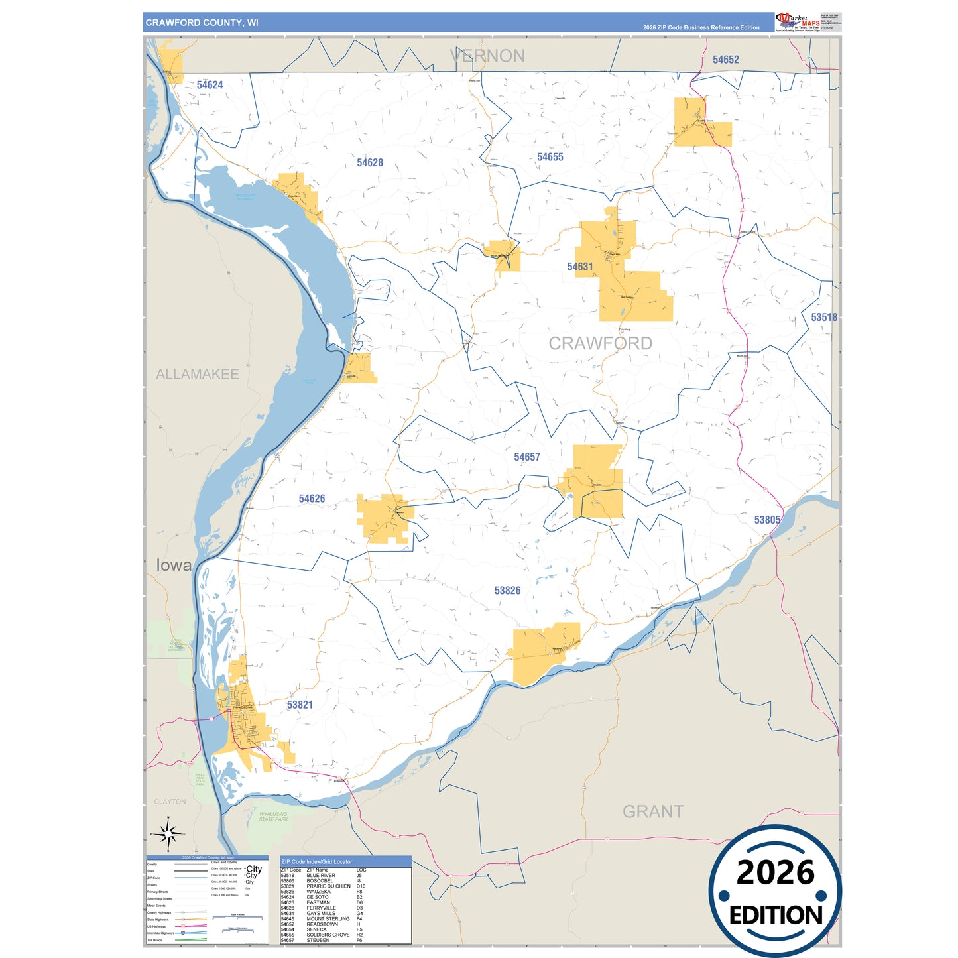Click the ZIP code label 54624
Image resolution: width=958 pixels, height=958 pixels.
pos(210,85)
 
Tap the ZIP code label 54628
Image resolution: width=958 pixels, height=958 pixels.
pos(369,163)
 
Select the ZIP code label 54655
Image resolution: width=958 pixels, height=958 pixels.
pos(550,157)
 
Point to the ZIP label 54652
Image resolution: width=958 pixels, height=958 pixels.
pos(725,60)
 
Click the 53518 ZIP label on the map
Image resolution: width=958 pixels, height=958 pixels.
pos(823,318)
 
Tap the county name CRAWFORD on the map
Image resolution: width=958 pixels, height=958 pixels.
pos(600,343)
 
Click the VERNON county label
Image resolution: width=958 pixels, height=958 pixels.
pos(487,56)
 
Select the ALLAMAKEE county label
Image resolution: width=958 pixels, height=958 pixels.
pos(197,375)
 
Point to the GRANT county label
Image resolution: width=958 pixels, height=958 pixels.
pos(652,811)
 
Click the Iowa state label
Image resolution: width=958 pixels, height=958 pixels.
pos(174,566)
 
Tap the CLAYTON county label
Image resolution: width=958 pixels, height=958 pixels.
pos(170,802)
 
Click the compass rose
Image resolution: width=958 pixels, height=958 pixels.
pos(168,833)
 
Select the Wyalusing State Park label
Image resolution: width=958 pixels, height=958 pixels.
pos(273,817)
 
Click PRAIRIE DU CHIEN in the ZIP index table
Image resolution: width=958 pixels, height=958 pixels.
pos(328,886)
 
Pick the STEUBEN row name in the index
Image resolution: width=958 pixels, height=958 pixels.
pos(318,940)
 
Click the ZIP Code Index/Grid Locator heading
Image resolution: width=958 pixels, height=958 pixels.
pos(317,862)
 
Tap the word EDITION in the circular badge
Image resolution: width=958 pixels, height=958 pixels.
pos(775,916)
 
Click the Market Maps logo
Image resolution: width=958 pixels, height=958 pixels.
pos(797,22)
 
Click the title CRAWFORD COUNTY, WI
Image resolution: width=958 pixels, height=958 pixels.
pos(202,23)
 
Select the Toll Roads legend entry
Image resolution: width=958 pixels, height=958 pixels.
pos(154,940)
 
